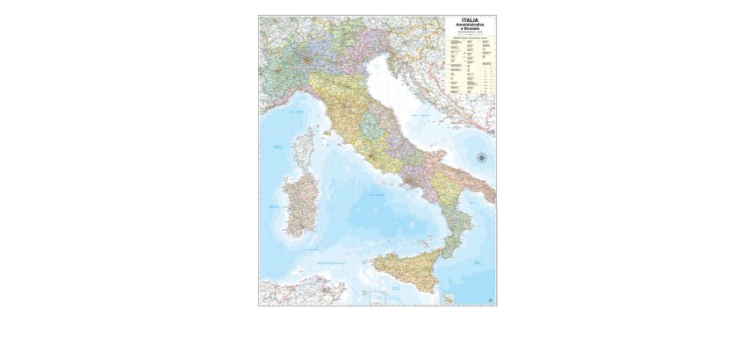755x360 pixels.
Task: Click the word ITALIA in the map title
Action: [471, 19]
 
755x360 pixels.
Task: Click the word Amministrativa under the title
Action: [471, 25]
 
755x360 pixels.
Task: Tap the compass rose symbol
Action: [482, 158]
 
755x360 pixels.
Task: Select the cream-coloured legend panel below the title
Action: [471, 65]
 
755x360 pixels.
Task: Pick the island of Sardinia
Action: [298, 205]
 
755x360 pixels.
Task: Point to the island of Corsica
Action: [303, 149]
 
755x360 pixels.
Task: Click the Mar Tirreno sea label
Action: [377, 195]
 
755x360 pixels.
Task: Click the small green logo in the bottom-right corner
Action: [490, 300]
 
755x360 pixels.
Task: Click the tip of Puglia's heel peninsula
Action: [493, 201]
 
